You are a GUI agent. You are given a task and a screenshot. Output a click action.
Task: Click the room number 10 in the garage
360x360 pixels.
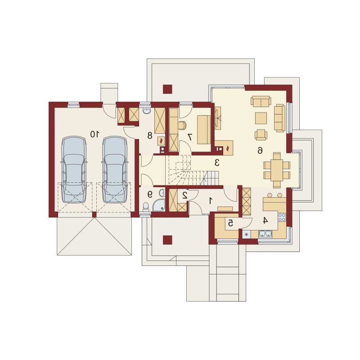(95, 134)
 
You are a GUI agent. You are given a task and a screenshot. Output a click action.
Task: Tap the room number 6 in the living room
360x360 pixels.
(260, 151)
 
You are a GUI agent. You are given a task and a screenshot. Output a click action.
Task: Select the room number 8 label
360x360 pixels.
(150, 135)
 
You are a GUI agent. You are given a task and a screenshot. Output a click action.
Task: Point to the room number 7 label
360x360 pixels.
(190, 137)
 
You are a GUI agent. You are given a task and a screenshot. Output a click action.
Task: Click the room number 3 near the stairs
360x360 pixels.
(217, 162)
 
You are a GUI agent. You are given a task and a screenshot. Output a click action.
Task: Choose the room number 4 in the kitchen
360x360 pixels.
(265, 220)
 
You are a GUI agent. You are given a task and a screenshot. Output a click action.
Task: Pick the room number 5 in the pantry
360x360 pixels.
(230, 222)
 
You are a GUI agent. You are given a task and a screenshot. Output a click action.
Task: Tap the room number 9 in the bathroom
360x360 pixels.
(150, 195)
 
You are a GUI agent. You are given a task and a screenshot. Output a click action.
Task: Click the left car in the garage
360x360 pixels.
(74, 170)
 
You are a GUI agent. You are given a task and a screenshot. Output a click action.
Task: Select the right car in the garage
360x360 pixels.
(115, 170)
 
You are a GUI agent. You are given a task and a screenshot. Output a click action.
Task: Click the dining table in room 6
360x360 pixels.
(277, 170)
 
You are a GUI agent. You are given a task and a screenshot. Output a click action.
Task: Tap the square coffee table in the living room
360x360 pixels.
(261, 118)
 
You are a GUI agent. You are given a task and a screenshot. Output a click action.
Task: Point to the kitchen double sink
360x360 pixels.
(265, 234)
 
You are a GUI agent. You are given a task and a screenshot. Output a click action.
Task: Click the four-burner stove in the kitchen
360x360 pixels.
(282, 217)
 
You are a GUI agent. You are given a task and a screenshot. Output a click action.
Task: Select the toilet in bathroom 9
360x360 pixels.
(146, 207)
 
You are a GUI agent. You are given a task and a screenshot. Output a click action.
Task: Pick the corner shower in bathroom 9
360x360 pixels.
(159, 205)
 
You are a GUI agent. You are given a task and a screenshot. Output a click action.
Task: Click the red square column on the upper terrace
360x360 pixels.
(167, 89)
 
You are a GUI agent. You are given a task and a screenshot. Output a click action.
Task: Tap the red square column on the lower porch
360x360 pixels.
(167, 240)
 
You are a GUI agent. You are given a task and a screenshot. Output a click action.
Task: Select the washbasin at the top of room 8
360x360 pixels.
(146, 111)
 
